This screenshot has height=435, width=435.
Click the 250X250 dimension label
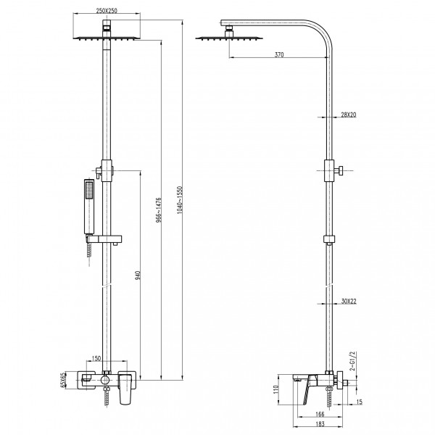pos(107,11)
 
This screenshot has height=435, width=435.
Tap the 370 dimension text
pos(279,54)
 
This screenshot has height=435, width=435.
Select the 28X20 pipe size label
pos(349,115)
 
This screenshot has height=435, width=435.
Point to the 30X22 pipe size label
pos(349,301)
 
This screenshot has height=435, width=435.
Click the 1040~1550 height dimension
pos(180,200)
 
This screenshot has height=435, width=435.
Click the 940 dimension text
pos(138,275)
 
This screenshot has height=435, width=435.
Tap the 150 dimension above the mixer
pos(96,358)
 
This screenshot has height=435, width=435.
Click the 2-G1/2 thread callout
pos(352,361)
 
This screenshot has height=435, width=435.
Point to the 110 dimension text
pos(275,389)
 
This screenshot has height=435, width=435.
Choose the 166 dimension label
pos(320,414)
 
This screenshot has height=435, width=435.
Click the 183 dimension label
pos(320,424)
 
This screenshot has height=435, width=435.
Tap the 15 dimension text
pos(360,402)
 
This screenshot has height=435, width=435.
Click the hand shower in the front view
pos(89,207)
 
